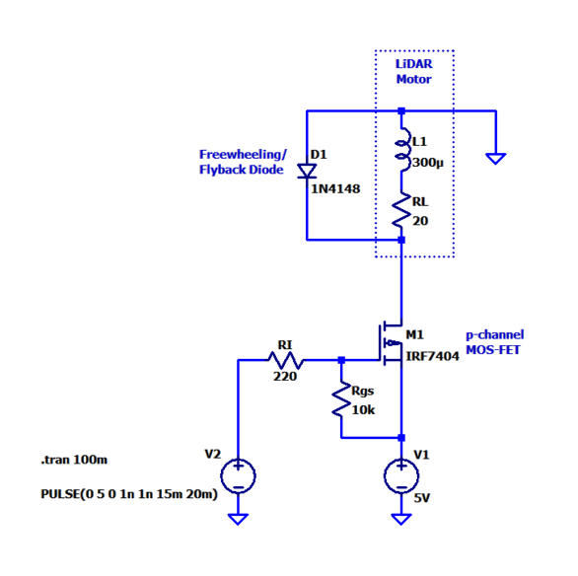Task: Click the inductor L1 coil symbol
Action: pyautogui.click(x=402, y=150)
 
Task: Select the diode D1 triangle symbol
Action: pyautogui.click(x=307, y=172)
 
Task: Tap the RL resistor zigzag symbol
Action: pyautogui.click(x=401, y=210)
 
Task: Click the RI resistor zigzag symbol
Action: pyautogui.click(x=286, y=360)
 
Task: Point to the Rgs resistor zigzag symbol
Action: pyautogui.click(x=341, y=399)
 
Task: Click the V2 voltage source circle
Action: pyautogui.click(x=238, y=475)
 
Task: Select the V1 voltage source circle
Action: pyautogui.click(x=401, y=475)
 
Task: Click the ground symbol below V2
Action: pyautogui.click(x=238, y=519)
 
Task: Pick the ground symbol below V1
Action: pyautogui.click(x=401, y=519)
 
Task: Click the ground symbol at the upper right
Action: pyautogui.click(x=496, y=159)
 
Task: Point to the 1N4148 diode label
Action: pyautogui.click(x=335, y=189)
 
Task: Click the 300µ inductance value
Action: pyautogui.click(x=428, y=163)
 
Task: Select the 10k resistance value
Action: pyautogui.click(x=363, y=409)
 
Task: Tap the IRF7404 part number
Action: pyautogui.click(x=432, y=356)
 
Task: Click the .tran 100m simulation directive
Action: pyautogui.click(x=74, y=460)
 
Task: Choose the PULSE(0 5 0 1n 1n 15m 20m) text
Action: pyautogui.click(x=129, y=494)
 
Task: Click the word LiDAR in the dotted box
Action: pyautogui.click(x=414, y=64)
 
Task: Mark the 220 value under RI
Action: pyautogui.click(x=285, y=376)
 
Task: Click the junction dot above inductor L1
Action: pyautogui.click(x=401, y=110)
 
